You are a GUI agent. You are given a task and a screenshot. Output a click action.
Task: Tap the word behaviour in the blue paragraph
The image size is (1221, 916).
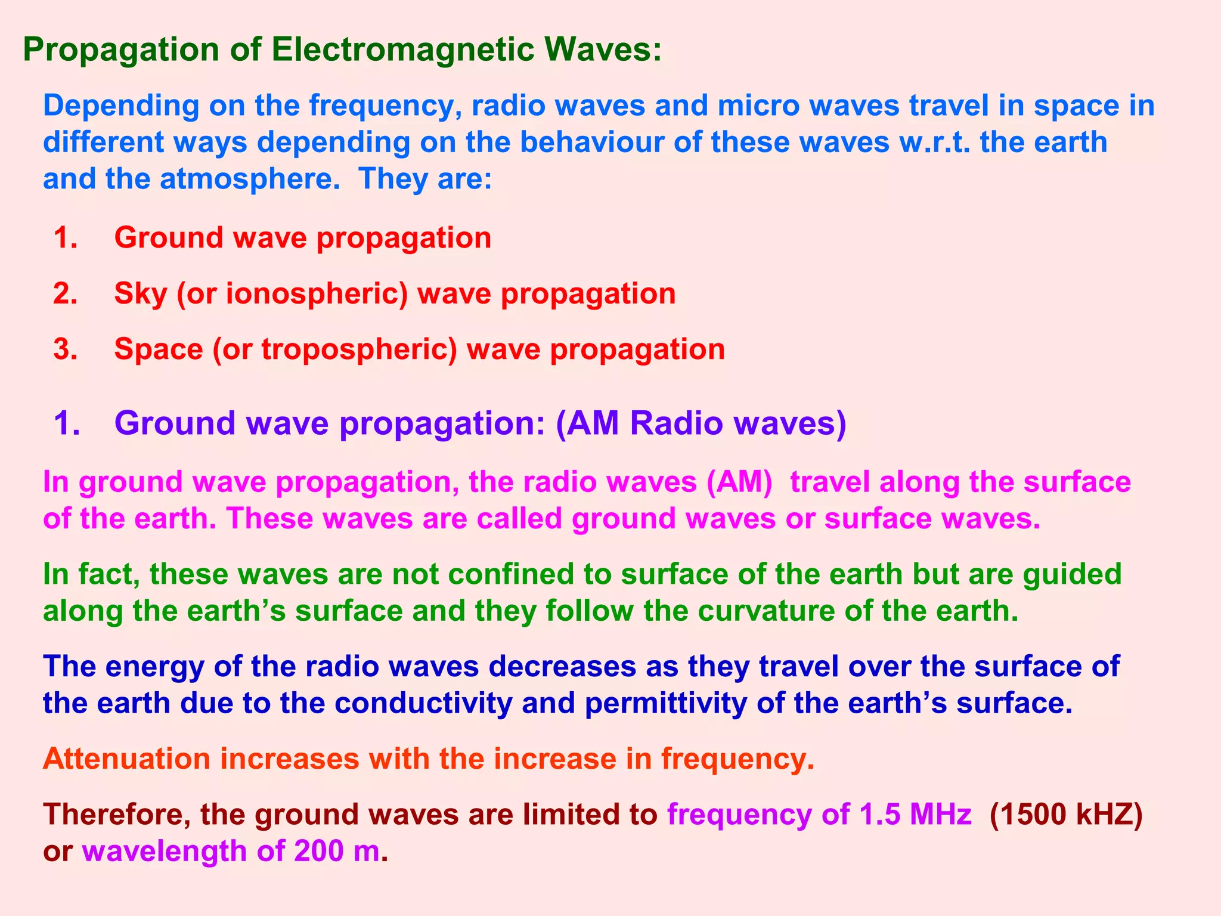[x=610, y=143]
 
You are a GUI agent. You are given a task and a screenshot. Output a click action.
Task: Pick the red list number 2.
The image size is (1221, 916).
[x=65, y=294]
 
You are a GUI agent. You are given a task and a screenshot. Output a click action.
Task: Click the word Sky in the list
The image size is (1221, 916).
[x=140, y=294]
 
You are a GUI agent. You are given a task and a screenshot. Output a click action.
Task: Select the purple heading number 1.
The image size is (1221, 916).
[x=66, y=423]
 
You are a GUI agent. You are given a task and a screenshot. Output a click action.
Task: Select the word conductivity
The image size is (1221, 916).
[x=423, y=704]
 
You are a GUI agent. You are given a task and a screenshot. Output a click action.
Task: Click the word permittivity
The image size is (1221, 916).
[x=665, y=704]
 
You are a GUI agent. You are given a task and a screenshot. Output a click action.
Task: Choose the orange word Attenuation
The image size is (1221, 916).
[x=126, y=759]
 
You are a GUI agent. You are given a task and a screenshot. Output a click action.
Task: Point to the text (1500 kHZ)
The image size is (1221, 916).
[x=1066, y=815]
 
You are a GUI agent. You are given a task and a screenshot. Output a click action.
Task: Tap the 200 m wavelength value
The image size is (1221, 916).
[x=336, y=851]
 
